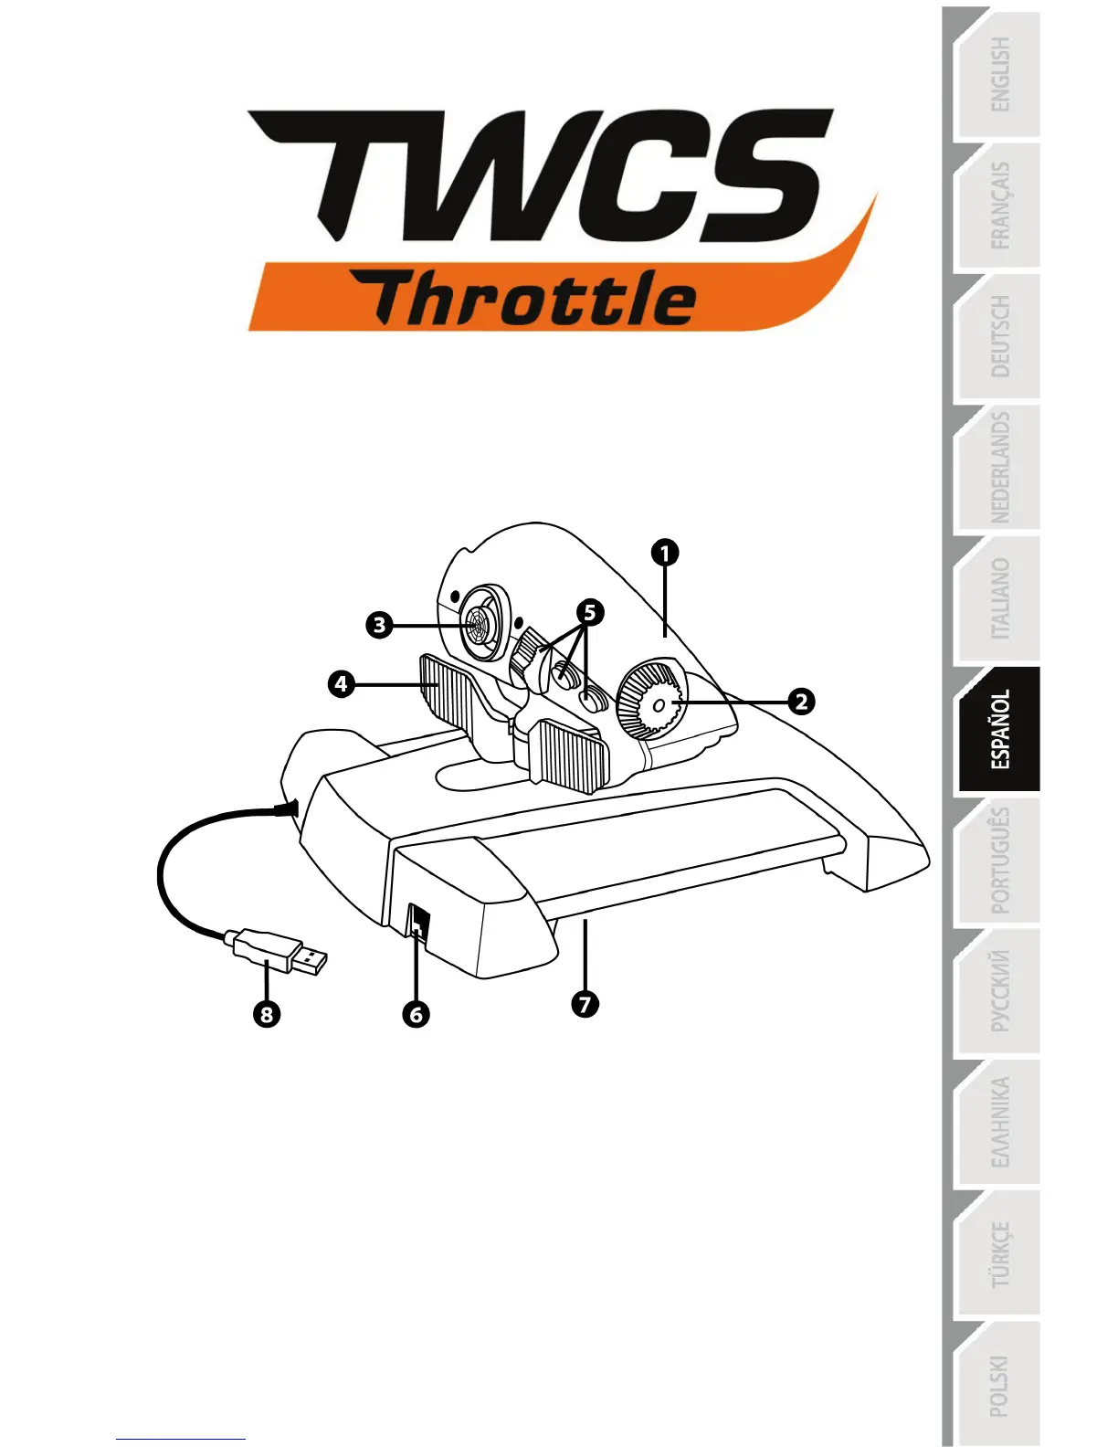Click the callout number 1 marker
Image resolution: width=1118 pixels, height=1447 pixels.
666,553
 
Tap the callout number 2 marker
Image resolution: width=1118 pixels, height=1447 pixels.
801,702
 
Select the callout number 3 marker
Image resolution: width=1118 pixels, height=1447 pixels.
379,626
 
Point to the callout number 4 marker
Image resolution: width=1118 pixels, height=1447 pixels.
341,683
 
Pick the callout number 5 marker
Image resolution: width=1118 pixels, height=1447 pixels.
590,612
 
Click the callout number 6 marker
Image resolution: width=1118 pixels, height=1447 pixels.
417,1014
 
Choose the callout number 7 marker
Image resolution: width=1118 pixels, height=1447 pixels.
585,1004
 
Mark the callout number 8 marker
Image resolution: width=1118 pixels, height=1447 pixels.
267,1014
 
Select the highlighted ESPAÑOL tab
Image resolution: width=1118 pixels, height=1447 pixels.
1000,729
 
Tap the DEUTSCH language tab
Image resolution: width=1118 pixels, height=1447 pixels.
1000,336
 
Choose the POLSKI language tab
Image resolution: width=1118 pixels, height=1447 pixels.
1000,1385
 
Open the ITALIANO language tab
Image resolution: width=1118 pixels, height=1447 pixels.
1000,599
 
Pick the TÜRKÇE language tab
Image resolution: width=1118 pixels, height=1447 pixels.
1000,1254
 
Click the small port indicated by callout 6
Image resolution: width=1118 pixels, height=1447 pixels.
417,921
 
